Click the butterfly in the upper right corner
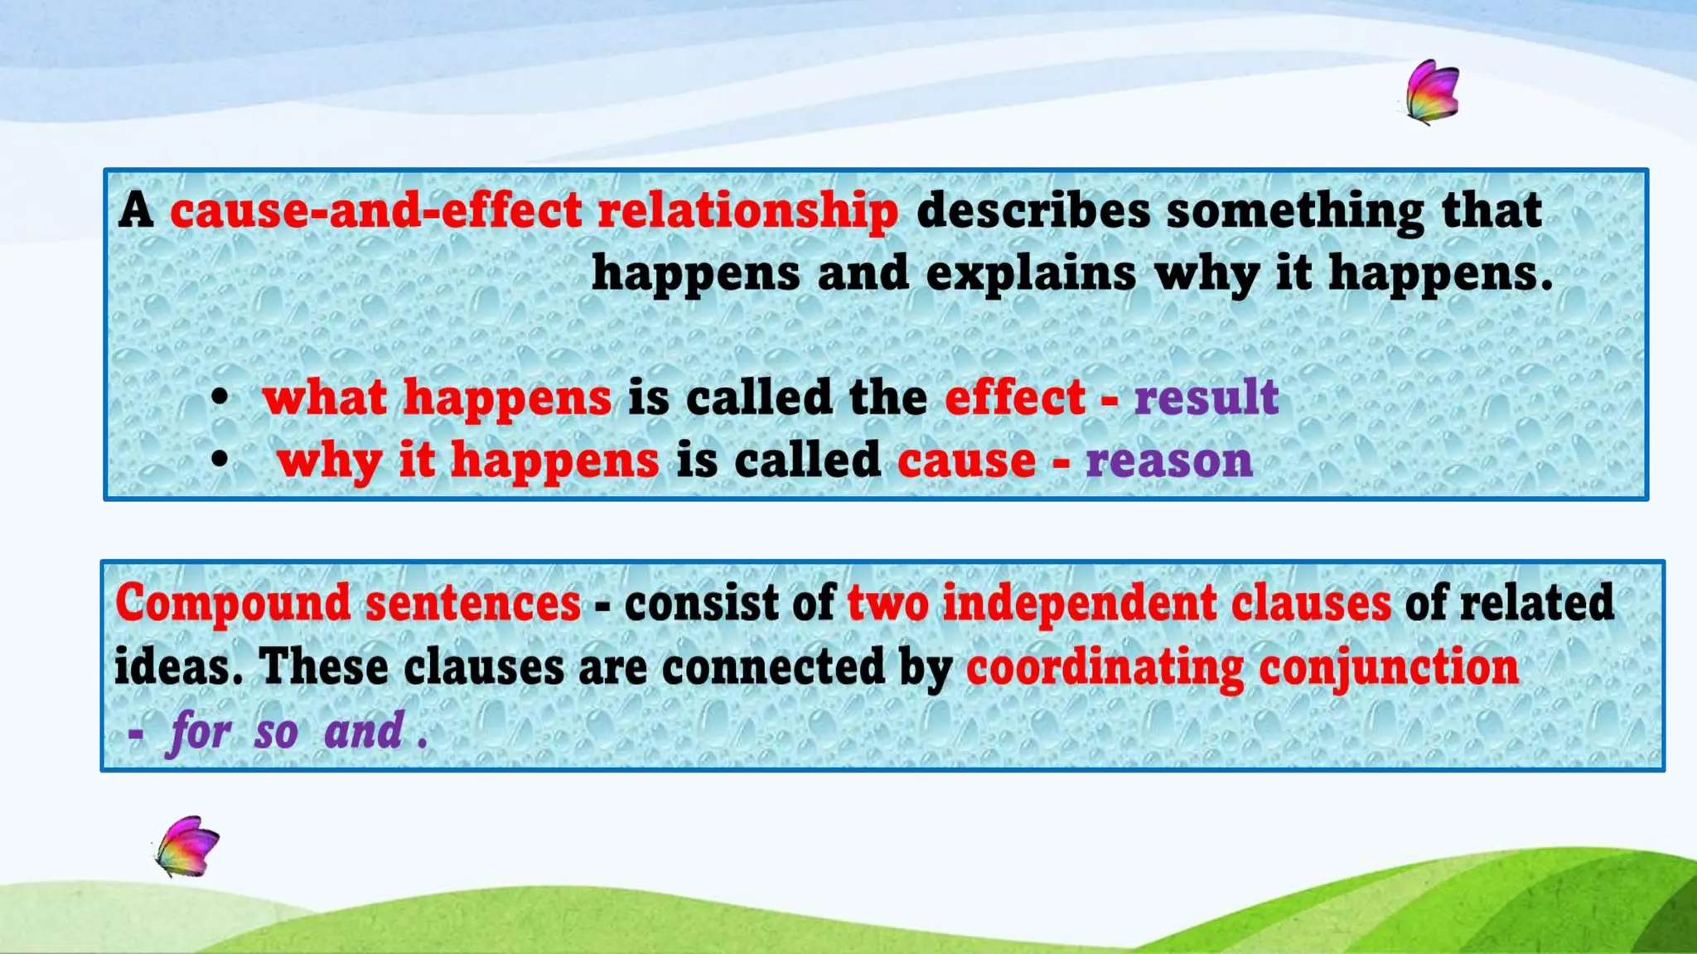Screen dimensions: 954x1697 click(x=1433, y=92)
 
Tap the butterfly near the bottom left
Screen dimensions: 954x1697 click(x=188, y=847)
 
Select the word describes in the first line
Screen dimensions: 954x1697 click(x=1032, y=210)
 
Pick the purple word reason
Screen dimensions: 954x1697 click(x=1168, y=460)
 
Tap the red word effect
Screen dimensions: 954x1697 click(x=1014, y=397)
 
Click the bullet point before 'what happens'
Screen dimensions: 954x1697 click(x=219, y=397)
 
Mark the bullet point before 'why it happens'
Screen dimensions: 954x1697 click(x=219, y=459)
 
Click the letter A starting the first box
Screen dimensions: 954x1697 click(x=136, y=210)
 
